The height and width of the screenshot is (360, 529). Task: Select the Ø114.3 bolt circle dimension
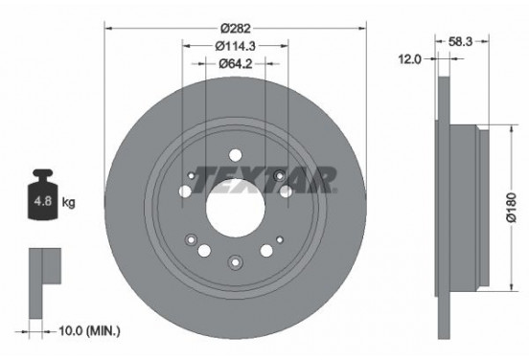point(235,46)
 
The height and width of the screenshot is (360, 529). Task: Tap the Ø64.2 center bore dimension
point(235,65)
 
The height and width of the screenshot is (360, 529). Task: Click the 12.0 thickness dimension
point(411,59)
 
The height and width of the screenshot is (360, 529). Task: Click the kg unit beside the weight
point(69,204)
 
